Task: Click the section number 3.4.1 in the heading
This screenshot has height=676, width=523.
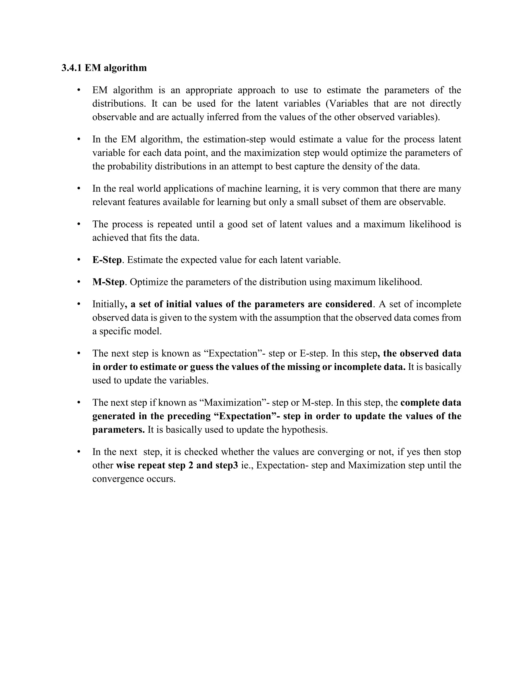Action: pyautogui.click(x=72, y=68)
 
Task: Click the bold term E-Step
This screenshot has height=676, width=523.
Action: pyautogui.click(x=107, y=260)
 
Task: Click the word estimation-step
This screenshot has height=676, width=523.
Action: pyautogui.click(x=234, y=140)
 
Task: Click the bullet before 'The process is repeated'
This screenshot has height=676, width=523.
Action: pyautogui.click(x=79, y=224)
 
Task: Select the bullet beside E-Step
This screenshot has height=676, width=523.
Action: pyautogui.click(x=79, y=260)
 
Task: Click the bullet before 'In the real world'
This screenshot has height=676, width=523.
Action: pyautogui.click(x=79, y=188)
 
